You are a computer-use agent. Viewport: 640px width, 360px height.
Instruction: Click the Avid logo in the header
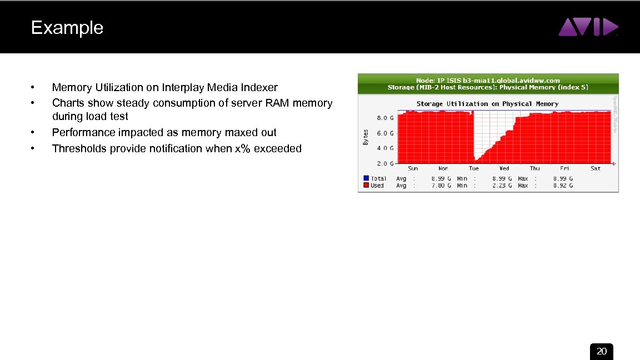[x=588, y=27]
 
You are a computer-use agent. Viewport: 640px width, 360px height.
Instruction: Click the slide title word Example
[x=67, y=28]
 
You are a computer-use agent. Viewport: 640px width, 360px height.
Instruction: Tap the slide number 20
[x=601, y=352]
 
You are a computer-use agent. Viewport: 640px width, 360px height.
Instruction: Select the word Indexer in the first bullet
[x=259, y=87]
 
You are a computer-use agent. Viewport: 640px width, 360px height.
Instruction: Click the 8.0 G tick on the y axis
[x=386, y=118]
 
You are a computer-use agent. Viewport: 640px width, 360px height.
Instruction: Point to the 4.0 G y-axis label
[x=386, y=148]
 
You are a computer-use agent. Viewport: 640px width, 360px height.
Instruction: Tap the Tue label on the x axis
[x=474, y=168]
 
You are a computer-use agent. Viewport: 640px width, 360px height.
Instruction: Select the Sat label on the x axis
[x=596, y=168]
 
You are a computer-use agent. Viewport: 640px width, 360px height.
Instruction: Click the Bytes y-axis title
[x=366, y=138]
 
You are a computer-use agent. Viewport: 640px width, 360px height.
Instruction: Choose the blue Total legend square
[x=366, y=178]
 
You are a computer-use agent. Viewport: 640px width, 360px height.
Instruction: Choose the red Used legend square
[x=366, y=186]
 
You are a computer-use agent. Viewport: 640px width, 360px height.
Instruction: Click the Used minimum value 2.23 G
[x=502, y=186]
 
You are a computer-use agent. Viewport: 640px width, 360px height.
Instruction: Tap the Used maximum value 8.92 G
[x=562, y=186]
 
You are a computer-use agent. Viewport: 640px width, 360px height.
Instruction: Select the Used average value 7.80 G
[x=441, y=186]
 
